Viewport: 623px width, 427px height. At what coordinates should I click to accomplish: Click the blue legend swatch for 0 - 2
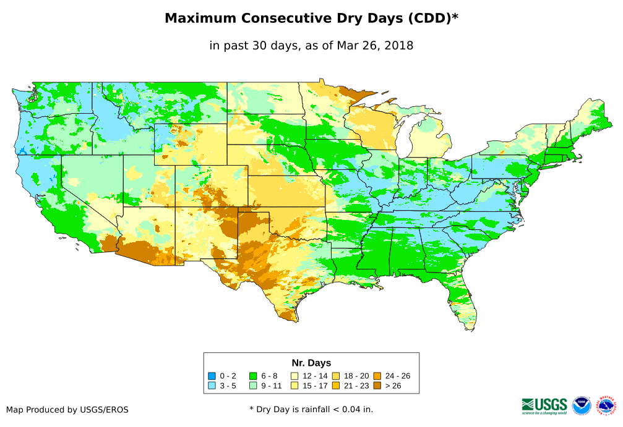point(212,376)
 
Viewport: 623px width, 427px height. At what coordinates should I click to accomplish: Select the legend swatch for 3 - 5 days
point(212,386)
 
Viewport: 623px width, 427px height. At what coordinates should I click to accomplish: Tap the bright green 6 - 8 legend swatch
point(253,376)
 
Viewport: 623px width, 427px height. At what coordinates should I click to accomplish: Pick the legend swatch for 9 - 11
point(253,386)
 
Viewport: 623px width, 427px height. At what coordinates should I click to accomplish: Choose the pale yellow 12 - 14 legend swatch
point(294,376)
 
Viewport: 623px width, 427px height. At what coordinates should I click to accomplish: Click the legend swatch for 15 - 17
point(294,386)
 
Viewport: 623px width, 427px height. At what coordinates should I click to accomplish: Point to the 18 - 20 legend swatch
point(335,376)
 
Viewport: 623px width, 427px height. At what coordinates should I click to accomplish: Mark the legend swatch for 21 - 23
point(335,386)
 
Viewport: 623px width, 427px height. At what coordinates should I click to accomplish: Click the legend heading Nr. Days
point(311,363)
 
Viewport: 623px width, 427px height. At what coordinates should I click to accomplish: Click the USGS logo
point(544,405)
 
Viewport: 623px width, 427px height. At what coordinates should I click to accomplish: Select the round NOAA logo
point(582,405)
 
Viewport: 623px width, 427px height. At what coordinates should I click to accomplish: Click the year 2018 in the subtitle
point(398,46)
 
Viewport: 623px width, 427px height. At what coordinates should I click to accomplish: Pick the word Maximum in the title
point(201,19)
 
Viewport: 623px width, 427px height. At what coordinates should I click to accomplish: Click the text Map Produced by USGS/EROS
point(67,410)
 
